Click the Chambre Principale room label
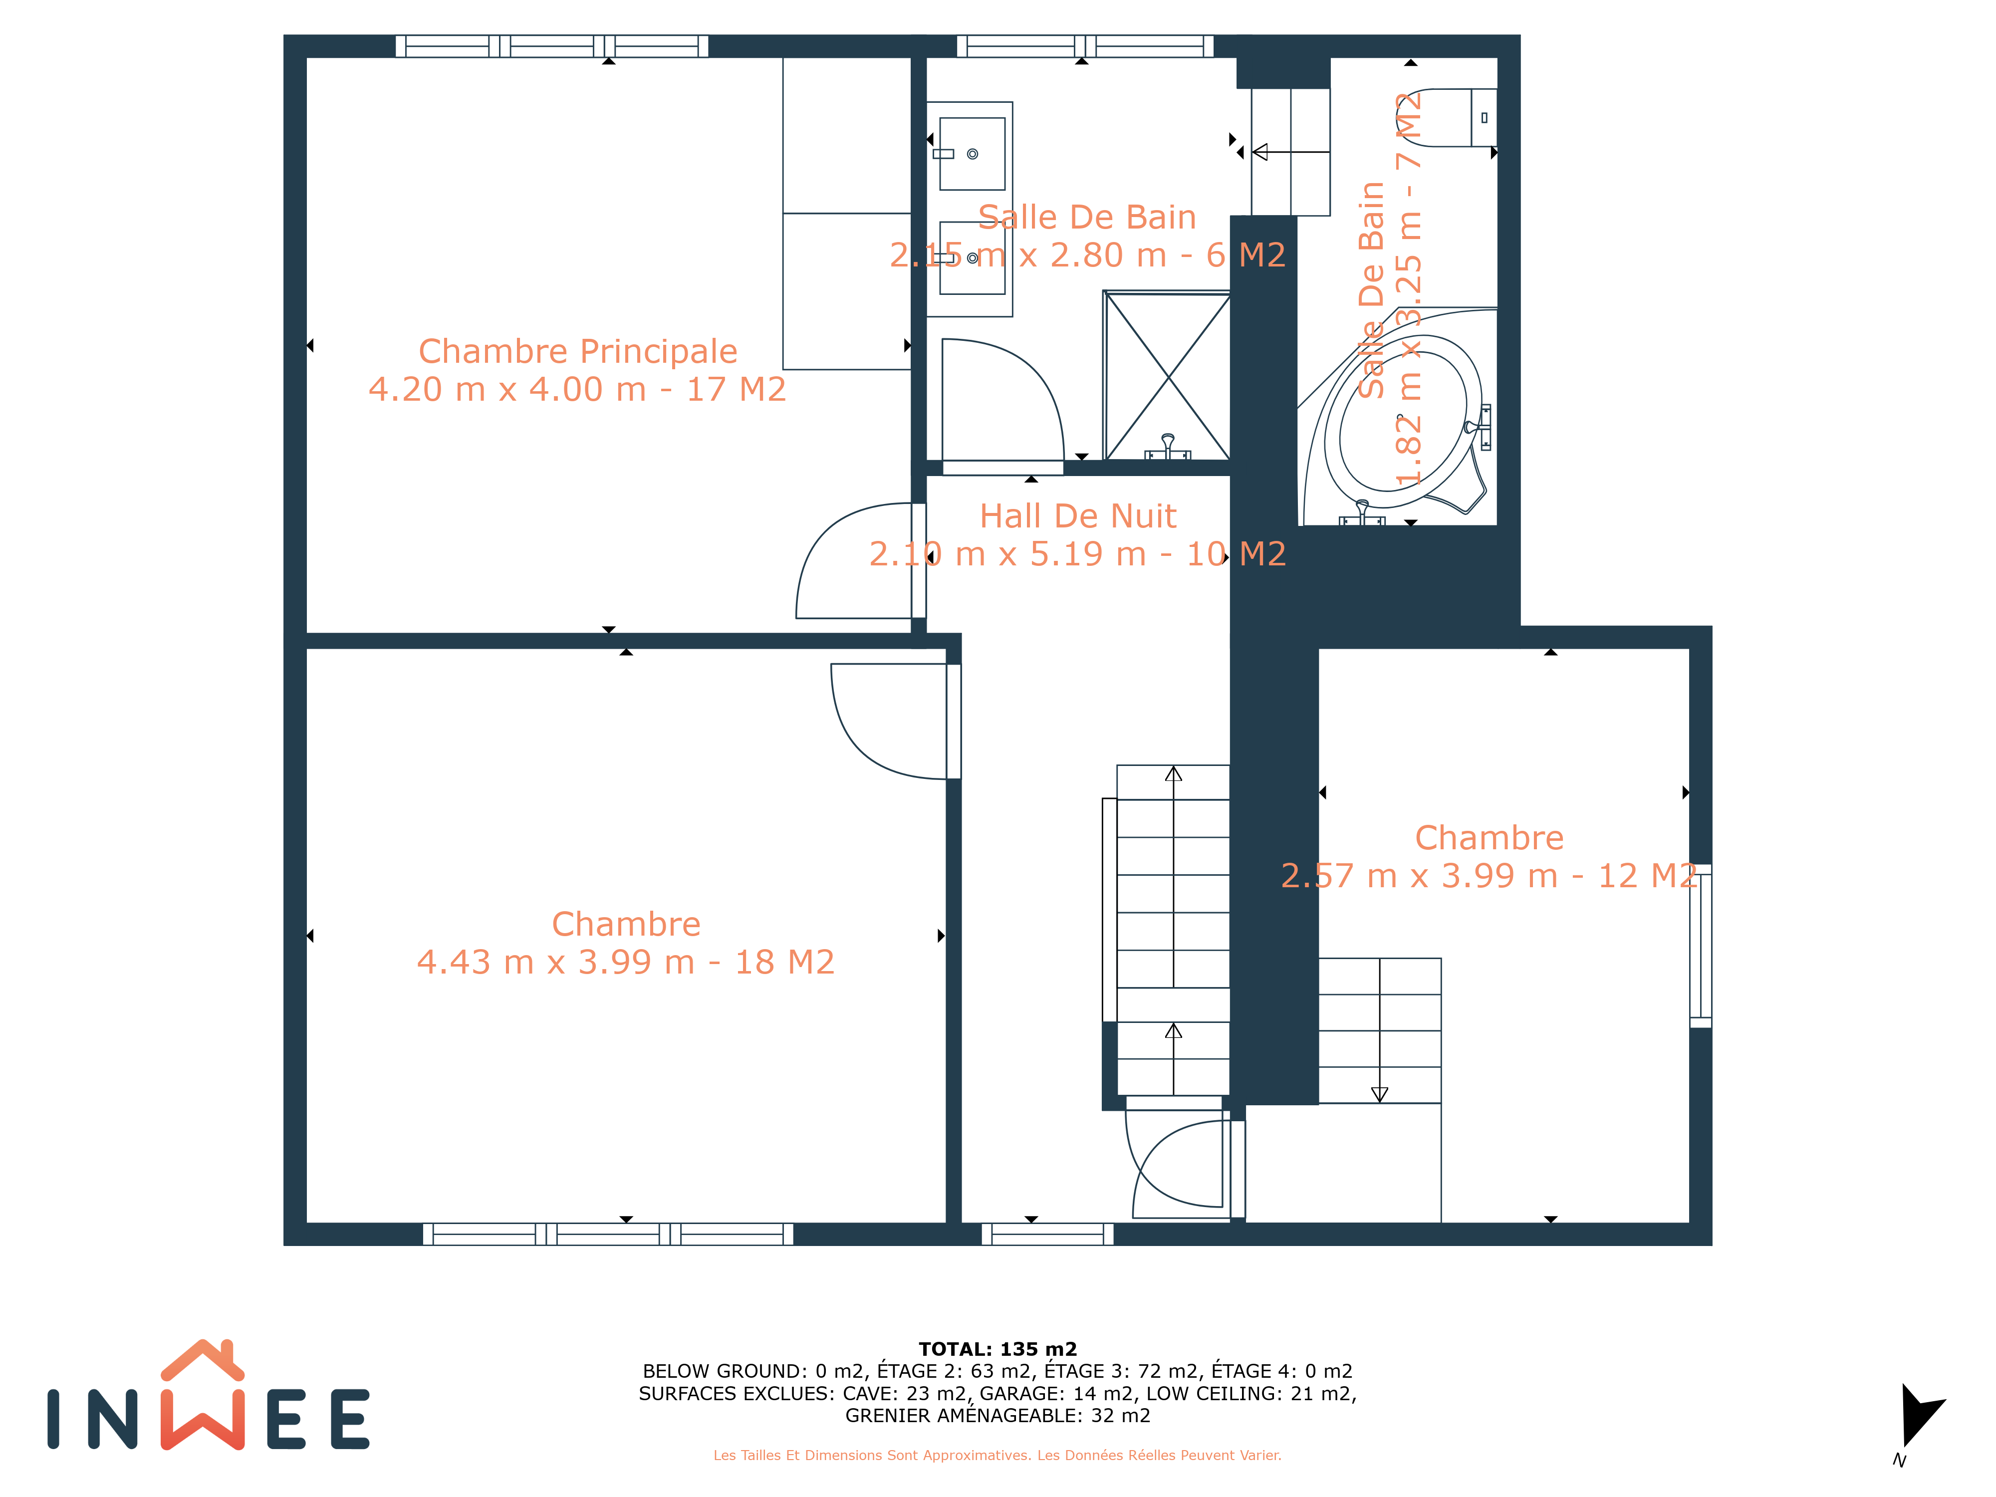(577, 351)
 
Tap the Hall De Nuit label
(1078, 516)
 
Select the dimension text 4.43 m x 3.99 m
(556, 962)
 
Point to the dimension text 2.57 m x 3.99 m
(1419, 875)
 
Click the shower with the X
(1168, 375)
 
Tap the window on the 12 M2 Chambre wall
(1701, 946)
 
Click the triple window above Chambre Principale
(551, 46)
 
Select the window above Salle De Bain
(1085, 46)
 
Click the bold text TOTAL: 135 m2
(998, 1349)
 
